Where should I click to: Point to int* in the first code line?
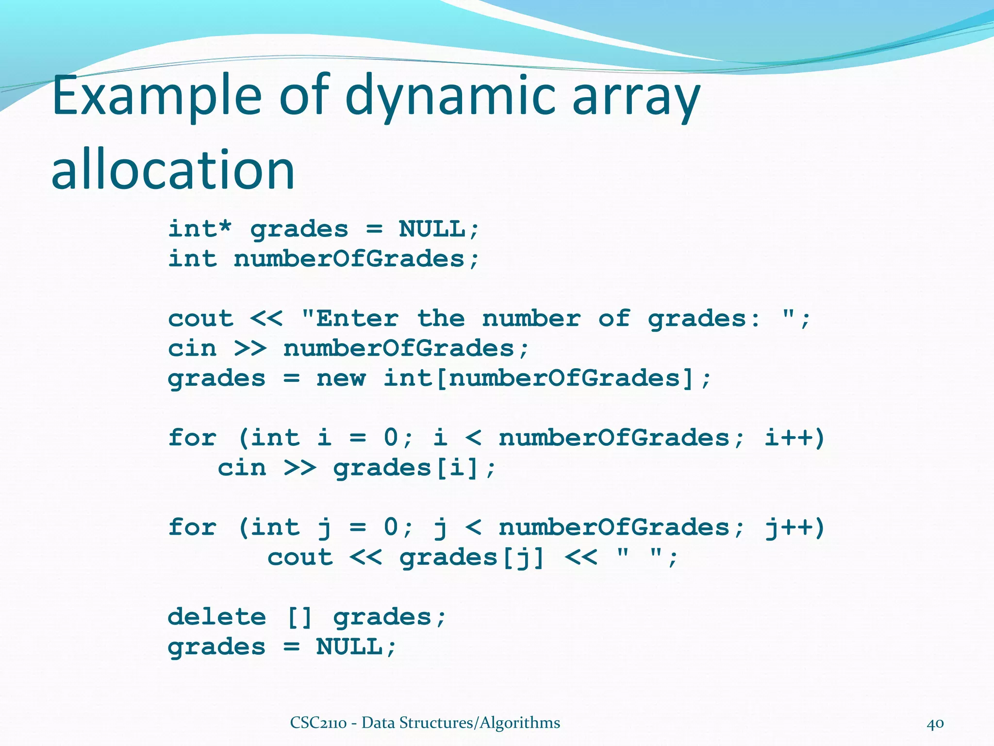click(x=199, y=229)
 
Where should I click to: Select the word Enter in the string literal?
click(x=357, y=319)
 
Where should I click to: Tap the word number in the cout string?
click(x=531, y=319)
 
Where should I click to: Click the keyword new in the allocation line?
click(x=341, y=378)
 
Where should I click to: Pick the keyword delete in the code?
click(x=216, y=617)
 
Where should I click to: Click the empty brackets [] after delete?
click(x=299, y=617)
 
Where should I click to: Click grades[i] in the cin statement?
click(x=407, y=468)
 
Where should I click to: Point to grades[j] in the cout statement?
click(x=472, y=558)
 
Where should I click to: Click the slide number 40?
click(x=935, y=723)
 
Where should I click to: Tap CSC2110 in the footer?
click(x=318, y=723)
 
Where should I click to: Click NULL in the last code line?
click(x=349, y=647)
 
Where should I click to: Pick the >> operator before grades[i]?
click(x=299, y=468)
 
